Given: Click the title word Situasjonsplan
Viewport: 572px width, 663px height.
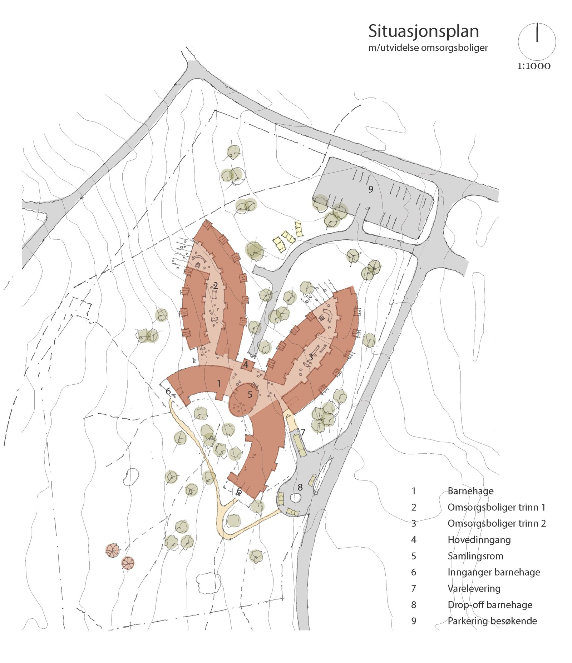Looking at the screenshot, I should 423,31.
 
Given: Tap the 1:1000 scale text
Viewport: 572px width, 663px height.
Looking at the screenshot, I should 533,66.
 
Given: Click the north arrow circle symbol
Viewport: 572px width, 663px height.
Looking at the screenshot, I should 537,41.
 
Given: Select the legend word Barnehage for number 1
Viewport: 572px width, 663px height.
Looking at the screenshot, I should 470,491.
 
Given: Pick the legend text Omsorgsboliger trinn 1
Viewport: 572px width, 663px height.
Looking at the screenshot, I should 496,507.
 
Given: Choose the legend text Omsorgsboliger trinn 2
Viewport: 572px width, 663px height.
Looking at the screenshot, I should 497,523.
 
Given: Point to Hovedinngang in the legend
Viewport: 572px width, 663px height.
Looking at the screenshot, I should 479,539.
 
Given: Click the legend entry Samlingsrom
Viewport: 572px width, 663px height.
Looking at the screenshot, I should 475,556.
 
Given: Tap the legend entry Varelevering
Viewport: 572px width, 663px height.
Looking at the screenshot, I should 474,588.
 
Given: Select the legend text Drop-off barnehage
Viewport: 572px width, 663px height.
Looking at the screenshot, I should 490,605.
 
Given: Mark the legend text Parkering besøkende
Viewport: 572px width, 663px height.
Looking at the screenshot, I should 492,621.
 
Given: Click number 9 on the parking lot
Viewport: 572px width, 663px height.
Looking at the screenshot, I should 371,189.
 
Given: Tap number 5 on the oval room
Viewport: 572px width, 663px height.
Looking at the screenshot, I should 250,394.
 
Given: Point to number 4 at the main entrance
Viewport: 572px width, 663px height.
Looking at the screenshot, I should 246,365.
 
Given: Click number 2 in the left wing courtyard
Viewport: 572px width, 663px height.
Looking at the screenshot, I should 215,285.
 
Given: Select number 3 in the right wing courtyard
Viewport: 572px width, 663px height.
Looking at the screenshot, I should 311,357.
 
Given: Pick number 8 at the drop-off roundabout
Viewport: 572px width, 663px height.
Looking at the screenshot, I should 300,487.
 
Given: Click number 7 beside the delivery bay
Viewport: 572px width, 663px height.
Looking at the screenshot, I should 303,432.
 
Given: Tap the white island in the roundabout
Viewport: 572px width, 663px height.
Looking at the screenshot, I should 295,497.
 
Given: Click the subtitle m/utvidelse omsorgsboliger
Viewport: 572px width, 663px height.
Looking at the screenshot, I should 428,48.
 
